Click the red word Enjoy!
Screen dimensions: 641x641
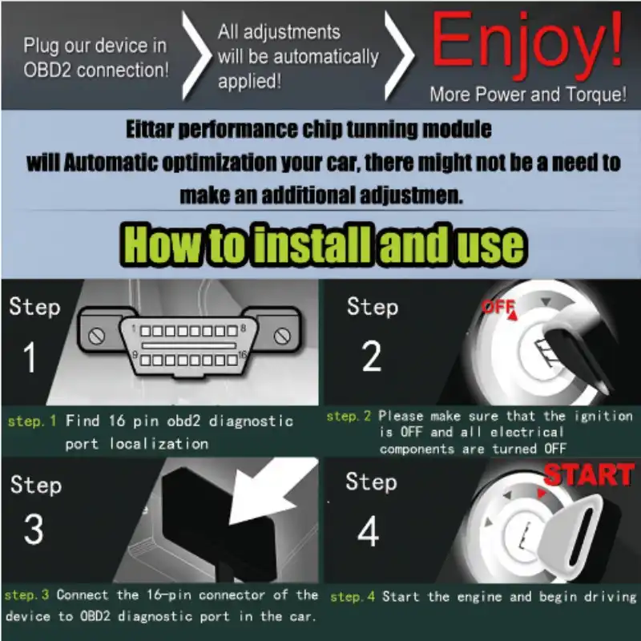tap(526, 45)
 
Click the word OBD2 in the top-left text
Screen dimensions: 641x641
tap(48, 70)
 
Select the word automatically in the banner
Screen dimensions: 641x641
tap(326, 57)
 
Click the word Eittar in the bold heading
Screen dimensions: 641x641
tap(150, 129)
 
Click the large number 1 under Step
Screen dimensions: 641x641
tap(30, 357)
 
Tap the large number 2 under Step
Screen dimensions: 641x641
tap(372, 357)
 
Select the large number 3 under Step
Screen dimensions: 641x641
tap(34, 529)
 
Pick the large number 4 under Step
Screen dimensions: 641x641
tap(368, 531)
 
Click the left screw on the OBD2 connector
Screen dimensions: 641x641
tap(96, 337)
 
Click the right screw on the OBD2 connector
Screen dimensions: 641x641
tap(282, 336)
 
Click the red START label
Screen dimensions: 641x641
tap(589, 474)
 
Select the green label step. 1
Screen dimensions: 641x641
tap(32, 421)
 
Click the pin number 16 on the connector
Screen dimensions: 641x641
tap(243, 354)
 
